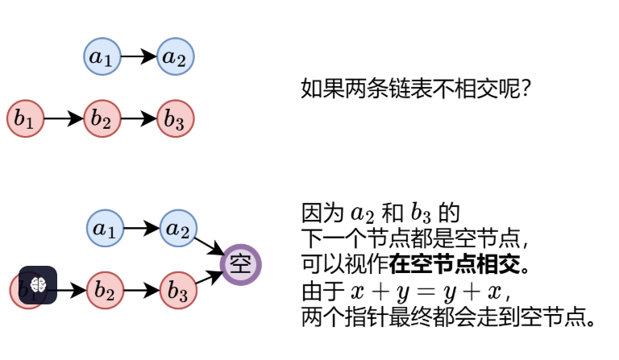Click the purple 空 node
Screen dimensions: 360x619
(241, 263)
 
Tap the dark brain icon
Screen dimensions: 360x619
(38, 285)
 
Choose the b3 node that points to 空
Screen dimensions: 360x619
(178, 290)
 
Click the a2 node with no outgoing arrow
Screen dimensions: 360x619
(176, 57)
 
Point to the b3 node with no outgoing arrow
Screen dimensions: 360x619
(176, 118)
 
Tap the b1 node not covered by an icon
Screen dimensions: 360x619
(25, 118)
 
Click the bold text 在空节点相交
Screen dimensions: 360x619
(459, 263)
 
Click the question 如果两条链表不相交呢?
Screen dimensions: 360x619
(414, 87)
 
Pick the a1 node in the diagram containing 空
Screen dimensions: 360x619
(105, 229)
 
